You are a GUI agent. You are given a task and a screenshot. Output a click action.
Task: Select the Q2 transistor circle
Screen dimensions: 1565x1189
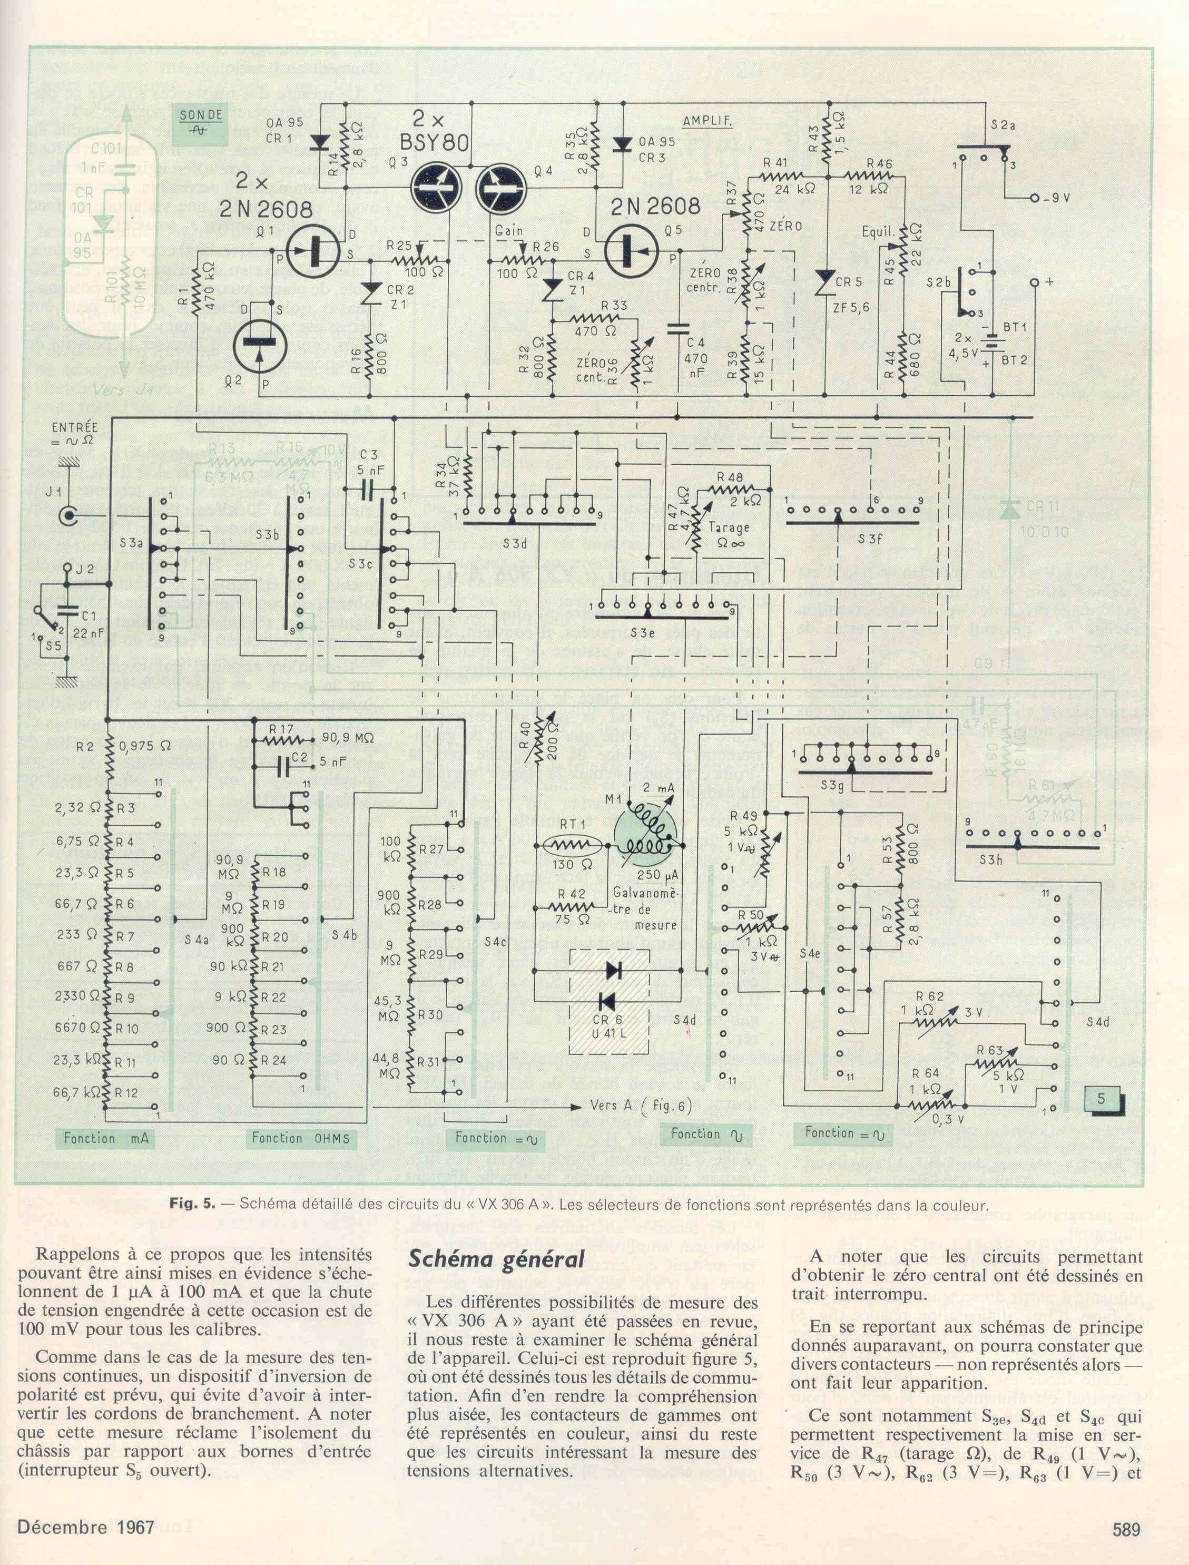pos(260,344)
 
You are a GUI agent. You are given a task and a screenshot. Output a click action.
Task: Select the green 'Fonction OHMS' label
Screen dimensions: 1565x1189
pos(301,1138)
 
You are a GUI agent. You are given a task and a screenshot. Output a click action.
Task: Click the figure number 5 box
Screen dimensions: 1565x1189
pos(1102,1100)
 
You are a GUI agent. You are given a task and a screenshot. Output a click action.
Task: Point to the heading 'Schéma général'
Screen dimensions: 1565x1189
pos(497,1260)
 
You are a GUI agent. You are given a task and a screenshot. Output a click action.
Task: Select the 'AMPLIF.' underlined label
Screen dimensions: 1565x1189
pos(707,121)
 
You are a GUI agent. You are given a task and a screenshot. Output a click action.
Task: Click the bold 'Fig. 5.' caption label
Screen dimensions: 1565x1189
pos(192,1204)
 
